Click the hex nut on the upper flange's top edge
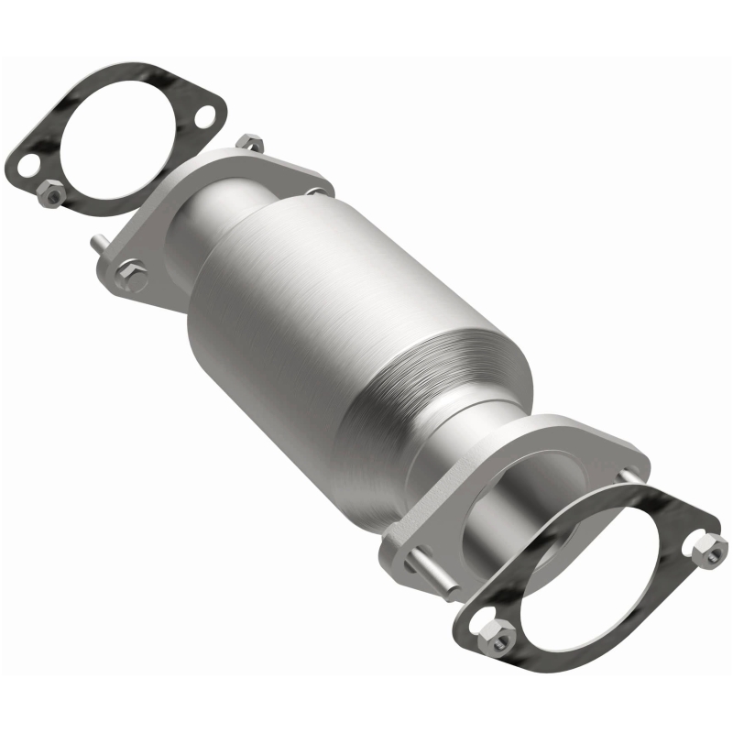[x=249, y=144]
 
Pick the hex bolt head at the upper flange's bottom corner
[x=132, y=272]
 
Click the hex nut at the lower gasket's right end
[x=711, y=549]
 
